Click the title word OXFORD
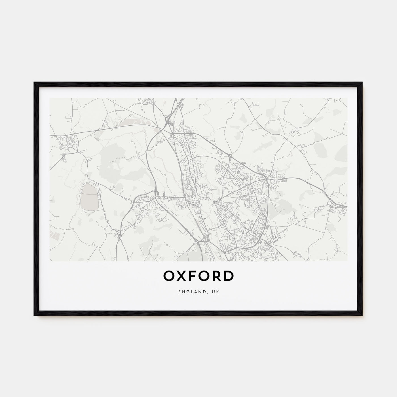click(198, 276)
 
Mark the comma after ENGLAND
click(210, 292)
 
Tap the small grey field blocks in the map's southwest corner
click(53, 234)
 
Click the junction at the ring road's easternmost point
click(267, 179)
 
